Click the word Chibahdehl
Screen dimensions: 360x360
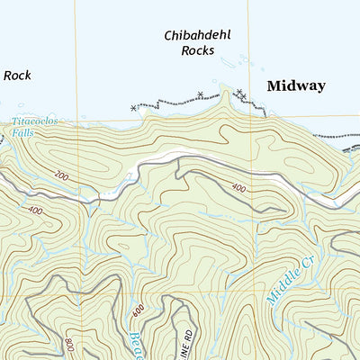pos(197,36)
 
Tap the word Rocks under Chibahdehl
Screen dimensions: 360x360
pos(197,51)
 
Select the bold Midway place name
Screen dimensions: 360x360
pos(295,85)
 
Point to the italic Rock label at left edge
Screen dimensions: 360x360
pos(16,76)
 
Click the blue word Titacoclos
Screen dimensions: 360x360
pos(35,121)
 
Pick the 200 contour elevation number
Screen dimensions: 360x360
pos(61,176)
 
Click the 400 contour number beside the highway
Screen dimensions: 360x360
pos(238,188)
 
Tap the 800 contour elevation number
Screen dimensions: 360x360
pos(69,343)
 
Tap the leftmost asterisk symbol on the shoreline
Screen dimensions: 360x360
pos(133,108)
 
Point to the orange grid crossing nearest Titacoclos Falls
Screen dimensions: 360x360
pos(76,118)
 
